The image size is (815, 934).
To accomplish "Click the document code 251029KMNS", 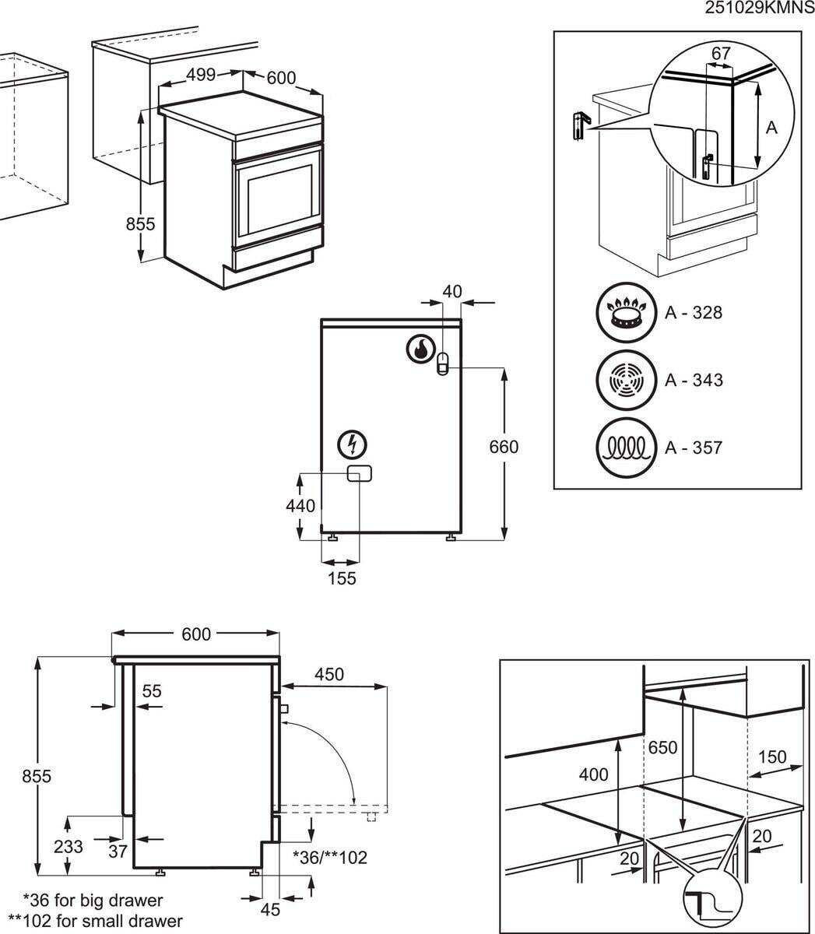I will pyautogui.click(x=759, y=9).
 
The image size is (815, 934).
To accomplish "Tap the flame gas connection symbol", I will pyautogui.click(x=420, y=349).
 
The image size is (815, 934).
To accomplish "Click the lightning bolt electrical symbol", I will pyautogui.click(x=354, y=444).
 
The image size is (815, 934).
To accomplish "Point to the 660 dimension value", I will pyautogui.click(x=504, y=448).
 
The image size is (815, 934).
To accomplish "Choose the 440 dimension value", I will pyautogui.click(x=300, y=506).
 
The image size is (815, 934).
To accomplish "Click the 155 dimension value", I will pyautogui.click(x=342, y=578).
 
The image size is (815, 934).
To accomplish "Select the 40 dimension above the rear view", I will pyautogui.click(x=452, y=292).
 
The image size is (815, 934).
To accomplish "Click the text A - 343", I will pyautogui.click(x=693, y=380).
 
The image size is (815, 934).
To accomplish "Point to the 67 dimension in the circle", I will pyautogui.click(x=722, y=53).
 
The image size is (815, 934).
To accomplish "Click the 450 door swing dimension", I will pyautogui.click(x=329, y=674).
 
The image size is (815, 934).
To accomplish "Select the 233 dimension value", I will pyautogui.click(x=69, y=847).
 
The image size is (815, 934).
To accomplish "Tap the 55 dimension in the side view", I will pyautogui.click(x=152, y=690).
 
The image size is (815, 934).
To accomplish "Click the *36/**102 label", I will pyautogui.click(x=329, y=857).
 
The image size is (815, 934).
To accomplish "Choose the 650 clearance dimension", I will pyautogui.click(x=662, y=747).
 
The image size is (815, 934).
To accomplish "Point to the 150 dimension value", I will pyautogui.click(x=772, y=757).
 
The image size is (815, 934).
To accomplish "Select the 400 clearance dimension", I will pyautogui.click(x=594, y=775).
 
